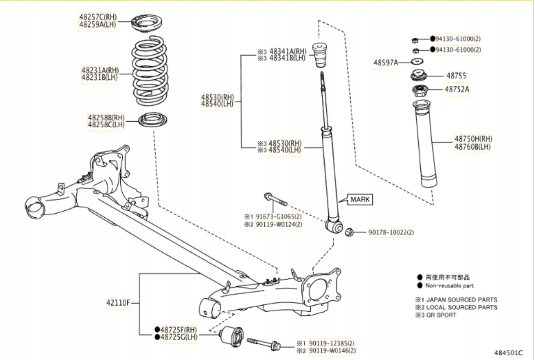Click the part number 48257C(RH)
(98, 17)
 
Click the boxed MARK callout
(360, 199)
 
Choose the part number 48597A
(385, 62)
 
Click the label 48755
(457, 75)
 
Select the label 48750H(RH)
(473, 139)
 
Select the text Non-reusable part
(449, 286)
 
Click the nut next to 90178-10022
(350, 231)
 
